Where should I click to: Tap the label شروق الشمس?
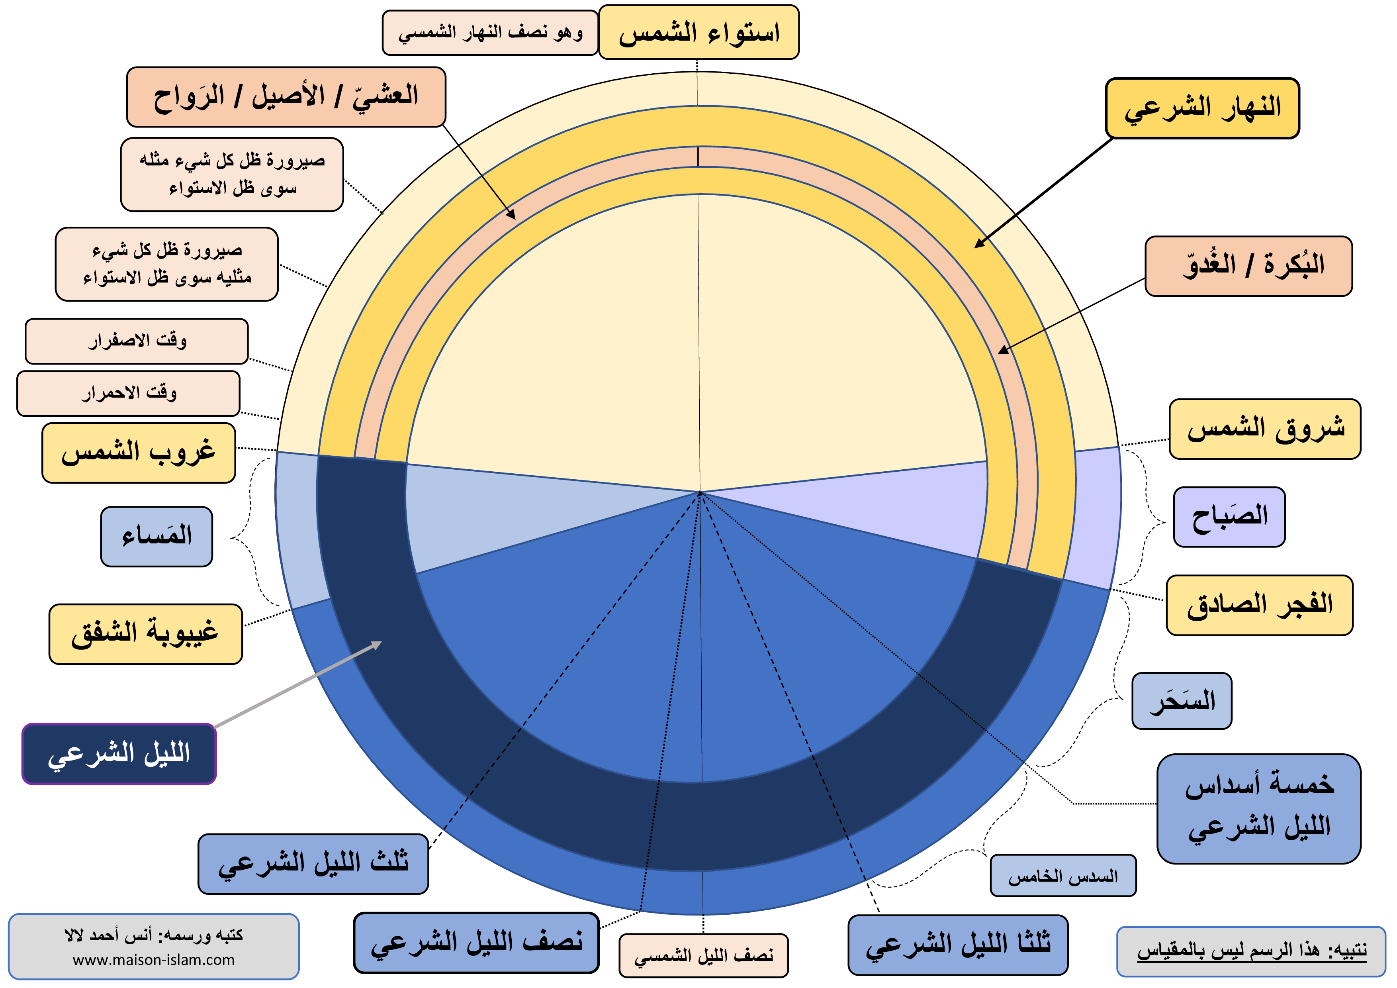[x=1264, y=429]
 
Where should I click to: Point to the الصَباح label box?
[x=1229, y=517]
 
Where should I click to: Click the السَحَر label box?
[x=1182, y=701]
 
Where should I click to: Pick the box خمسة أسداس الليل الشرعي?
[x=1258, y=808]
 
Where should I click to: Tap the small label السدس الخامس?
[x=1063, y=875]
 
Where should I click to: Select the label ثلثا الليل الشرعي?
[x=958, y=945]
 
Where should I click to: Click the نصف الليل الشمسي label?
[x=703, y=955]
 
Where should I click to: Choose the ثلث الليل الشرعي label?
[x=313, y=864]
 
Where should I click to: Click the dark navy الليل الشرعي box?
[x=119, y=754]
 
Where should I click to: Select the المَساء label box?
[x=157, y=536]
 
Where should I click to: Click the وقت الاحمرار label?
[x=128, y=393]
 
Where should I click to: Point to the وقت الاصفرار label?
[x=137, y=341]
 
